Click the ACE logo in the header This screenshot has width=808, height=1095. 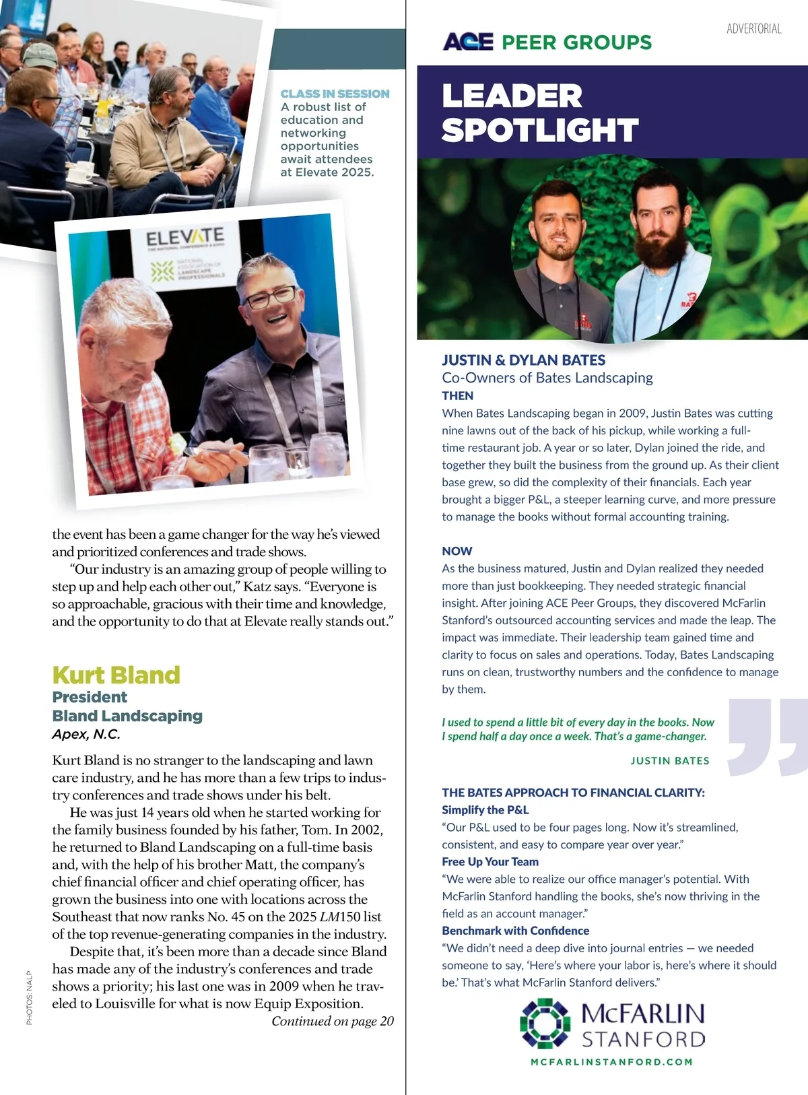(468, 42)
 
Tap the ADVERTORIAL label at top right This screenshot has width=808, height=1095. (753, 28)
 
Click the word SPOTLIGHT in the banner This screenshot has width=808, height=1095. (540, 130)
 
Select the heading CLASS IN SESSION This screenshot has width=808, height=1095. (335, 94)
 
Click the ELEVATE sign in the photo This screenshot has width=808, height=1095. (185, 238)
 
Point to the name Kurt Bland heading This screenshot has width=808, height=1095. (116, 675)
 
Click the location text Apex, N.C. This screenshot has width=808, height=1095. (86, 734)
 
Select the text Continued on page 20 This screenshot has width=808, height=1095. (333, 1021)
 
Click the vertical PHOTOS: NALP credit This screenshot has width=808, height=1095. (29, 997)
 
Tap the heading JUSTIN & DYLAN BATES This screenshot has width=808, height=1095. (523, 360)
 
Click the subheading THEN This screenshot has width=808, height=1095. (457, 395)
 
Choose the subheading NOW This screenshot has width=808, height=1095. (457, 551)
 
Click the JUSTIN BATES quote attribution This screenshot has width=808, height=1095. (670, 760)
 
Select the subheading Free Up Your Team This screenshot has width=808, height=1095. (490, 861)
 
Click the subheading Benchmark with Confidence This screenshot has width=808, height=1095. (515, 931)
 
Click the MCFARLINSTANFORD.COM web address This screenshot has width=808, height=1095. (611, 1062)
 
